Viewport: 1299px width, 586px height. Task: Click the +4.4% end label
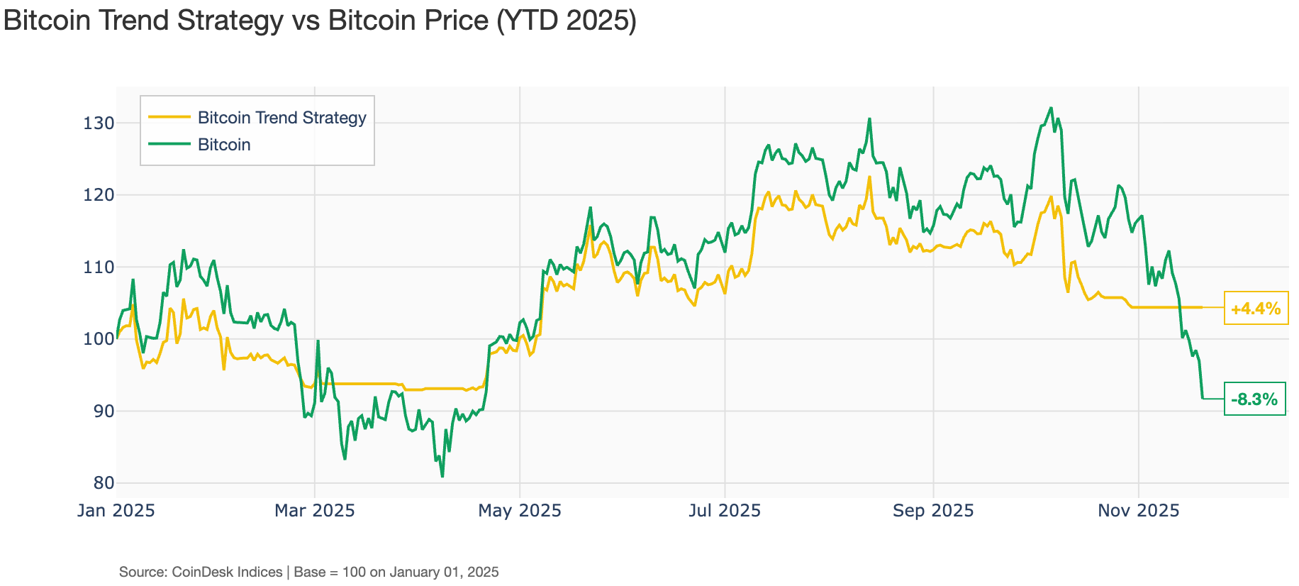coord(1256,309)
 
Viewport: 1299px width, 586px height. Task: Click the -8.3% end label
coord(1254,399)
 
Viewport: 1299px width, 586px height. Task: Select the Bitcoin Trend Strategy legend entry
coord(281,118)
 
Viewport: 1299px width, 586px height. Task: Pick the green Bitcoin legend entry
coord(224,145)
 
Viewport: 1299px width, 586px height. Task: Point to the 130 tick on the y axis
coord(98,123)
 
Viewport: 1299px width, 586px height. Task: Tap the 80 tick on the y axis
coord(104,483)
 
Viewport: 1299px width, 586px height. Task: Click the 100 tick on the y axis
coord(98,339)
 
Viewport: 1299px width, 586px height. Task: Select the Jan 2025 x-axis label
coord(116,510)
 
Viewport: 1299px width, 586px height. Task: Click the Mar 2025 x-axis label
coord(315,510)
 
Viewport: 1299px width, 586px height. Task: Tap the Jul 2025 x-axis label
coord(725,510)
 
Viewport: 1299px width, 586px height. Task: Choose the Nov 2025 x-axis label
coord(1138,510)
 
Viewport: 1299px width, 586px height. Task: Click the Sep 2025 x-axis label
coord(933,510)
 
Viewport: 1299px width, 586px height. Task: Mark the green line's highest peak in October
coord(1051,109)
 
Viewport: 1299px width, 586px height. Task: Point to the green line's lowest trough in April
coord(442,476)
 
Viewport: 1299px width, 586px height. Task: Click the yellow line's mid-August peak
coord(869,177)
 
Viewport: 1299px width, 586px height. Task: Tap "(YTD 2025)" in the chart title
coord(566,20)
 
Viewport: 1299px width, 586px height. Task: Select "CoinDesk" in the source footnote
coord(203,572)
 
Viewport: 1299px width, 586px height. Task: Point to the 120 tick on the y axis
coord(98,195)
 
